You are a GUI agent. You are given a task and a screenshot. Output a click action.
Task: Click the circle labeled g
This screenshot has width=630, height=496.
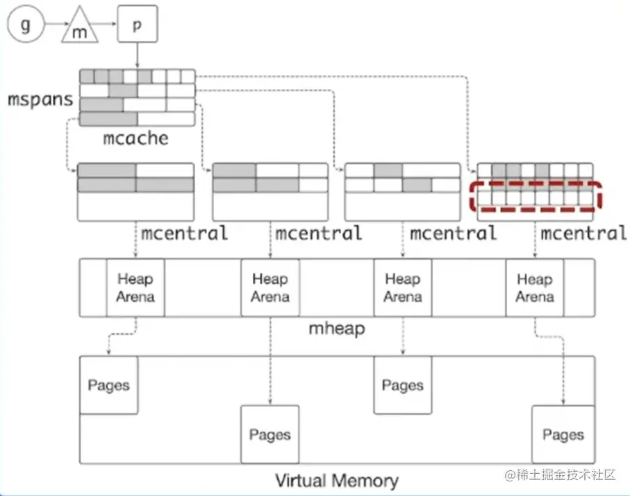pyautogui.click(x=26, y=26)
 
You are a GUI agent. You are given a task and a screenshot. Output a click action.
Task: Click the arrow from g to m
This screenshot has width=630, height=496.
pyautogui.click(x=53, y=27)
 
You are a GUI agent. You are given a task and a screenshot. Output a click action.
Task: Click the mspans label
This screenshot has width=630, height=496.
pyautogui.click(x=40, y=99)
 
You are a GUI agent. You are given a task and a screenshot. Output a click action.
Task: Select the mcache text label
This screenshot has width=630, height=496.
pyautogui.click(x=135, y=138)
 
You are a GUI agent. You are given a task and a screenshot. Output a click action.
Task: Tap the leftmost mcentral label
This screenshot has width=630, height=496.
pyautogui.click(x=184, y=233)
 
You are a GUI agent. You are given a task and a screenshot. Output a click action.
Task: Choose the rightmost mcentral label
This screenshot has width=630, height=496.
pyautogui.click(x=583, y=233)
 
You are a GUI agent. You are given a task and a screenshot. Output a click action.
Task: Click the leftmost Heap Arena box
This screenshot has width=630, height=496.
pyautogui.click(x=135, y=288)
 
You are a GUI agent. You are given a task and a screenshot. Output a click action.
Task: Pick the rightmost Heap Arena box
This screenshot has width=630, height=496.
pyautogui.click(x=534, y=288)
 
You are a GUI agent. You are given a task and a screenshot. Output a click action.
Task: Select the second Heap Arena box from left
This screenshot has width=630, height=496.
pyautogui.click(x=270, y=288)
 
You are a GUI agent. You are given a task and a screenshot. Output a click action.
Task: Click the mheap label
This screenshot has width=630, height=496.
pyautogui.click(x=336, y=328)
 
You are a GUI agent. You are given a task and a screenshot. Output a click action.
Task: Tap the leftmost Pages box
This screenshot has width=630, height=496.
pyautogui.click(x=108, y=385)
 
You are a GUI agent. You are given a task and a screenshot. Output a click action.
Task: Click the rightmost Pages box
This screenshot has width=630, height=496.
pyautogui.click(x=563, y=435)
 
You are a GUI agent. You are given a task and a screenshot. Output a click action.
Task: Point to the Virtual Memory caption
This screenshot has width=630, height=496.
pyautogui.click(x=337, y=481)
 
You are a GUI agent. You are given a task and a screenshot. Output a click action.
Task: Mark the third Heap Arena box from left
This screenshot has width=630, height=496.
pyautogui.click(x=402, y=288)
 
